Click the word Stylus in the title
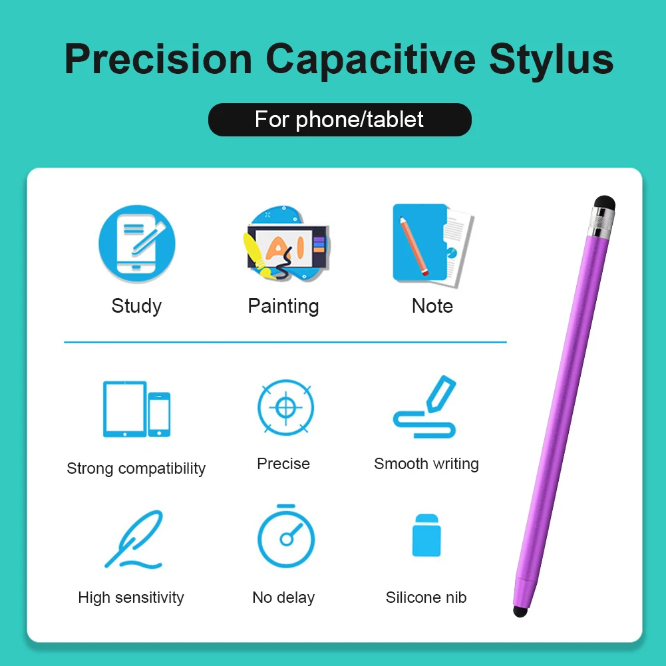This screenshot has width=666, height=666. click(x=551, y=59)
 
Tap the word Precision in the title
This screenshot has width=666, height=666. click(x=158, y=59)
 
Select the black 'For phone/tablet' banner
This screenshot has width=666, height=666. click(x=339, y=120)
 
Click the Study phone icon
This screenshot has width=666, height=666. click(x=137, y=244)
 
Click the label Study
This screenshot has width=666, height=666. click(x=136, y=306)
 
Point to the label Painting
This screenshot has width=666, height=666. click(x=283, y=306)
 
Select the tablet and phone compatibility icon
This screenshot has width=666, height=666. click(x=136, y=409)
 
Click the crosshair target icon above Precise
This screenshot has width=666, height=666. click(x=285, y=408)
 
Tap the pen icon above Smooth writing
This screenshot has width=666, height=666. click(x=426, y=407)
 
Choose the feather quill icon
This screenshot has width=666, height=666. click(x=134, y=540)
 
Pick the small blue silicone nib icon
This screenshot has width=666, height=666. click(x=426, y=535)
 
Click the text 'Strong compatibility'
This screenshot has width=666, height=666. click(x=136, y=468)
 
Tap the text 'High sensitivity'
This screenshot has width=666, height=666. click(x=131, y=597)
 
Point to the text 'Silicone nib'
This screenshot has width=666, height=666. click(x=426, y=597)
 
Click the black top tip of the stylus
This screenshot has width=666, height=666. click(x=604, y=202)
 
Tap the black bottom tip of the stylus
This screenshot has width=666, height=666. click(x=520, y=610)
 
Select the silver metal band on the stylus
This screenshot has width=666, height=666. click(x=600, y=222)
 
